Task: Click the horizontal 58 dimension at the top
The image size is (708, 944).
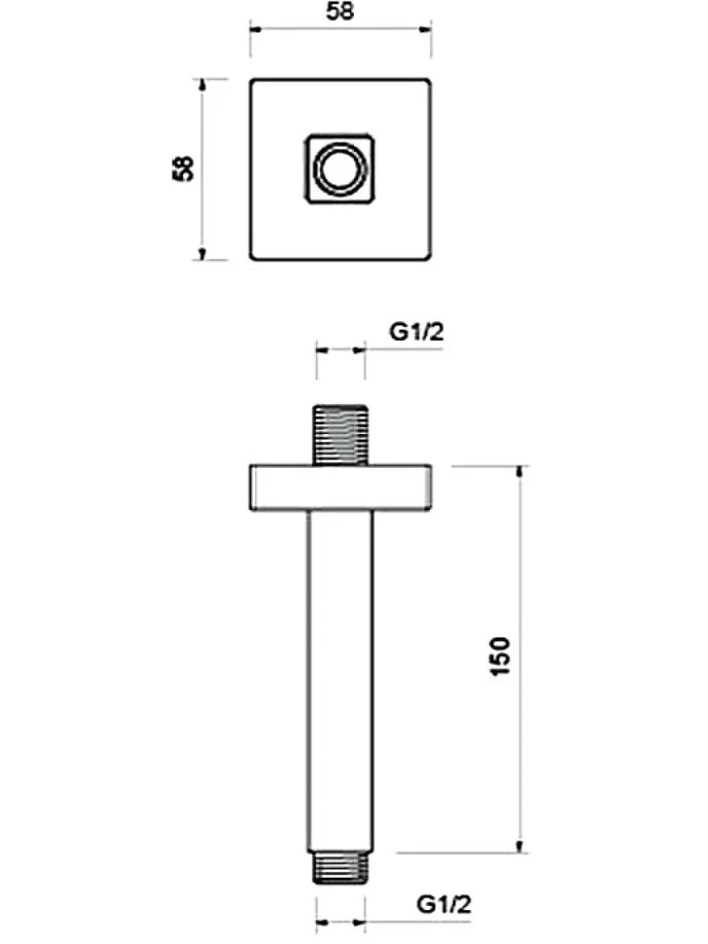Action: (x=339, y=12)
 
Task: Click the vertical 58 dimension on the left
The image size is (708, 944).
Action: (x=183, y=168)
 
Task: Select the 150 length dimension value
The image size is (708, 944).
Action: (x=501, y=656)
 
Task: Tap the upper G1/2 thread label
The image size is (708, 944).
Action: (x=416, y=332)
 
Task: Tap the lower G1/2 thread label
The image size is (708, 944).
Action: (x=443, y=904)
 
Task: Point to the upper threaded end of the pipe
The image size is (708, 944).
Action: (x=339, y=434)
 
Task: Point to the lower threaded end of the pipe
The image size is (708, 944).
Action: (x=339, y=868)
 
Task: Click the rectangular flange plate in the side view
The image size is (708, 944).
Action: (x=340, y=488)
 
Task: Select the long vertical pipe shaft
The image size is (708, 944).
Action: (x=339, y=681)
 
